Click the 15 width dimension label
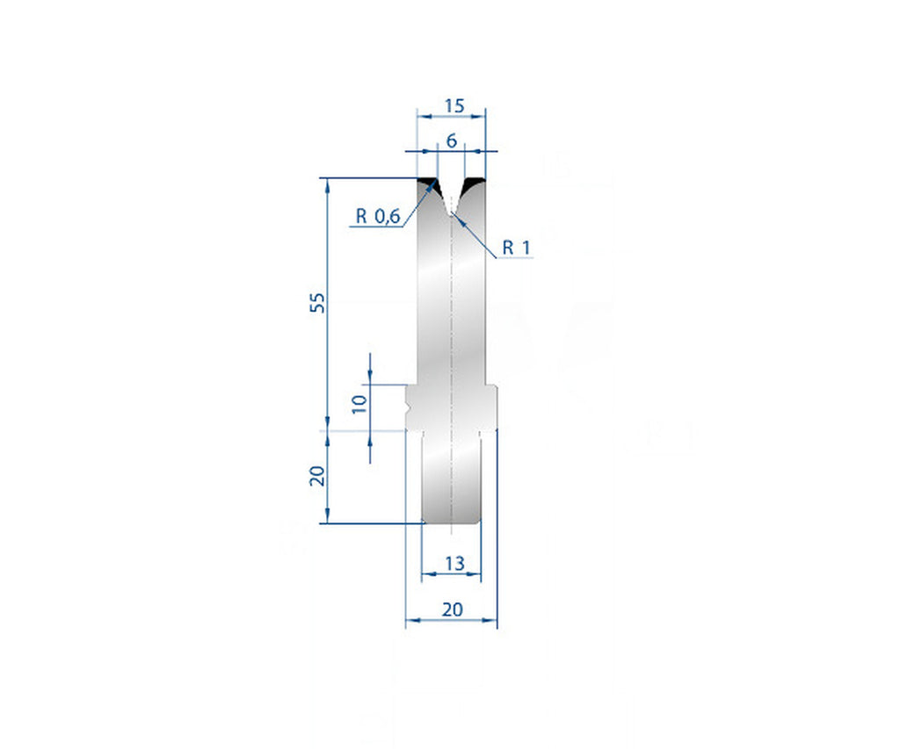[x=454, y=105]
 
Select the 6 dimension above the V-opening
[x=452, y=140]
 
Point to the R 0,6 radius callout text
[x=377, y=216]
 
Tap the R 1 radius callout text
[x=517, y=248]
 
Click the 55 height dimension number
[x=318, y=303]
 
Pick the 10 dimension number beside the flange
[x=358, y=405]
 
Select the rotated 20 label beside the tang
[x=318, y=475]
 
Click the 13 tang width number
[x=454, y=564]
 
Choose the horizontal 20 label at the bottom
[x=453, y=609]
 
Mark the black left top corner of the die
[x=428, y=184]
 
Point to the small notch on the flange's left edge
[x=410, y=409]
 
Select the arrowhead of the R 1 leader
[x=456, y=216]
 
